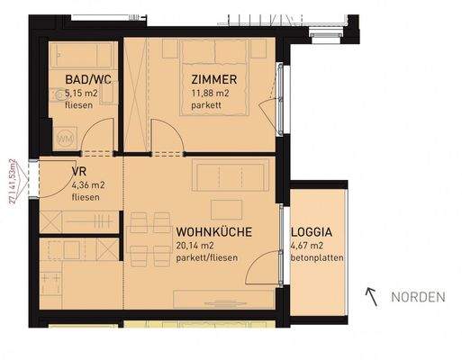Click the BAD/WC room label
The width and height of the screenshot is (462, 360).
coord(87,78)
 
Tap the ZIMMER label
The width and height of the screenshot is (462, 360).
coord(214,78)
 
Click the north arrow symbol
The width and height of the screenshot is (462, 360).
coord(369,294)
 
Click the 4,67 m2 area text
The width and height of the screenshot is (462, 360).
coord(307,246)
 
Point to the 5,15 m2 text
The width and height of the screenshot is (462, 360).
coord(81,92)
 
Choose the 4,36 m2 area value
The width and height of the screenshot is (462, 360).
coord(86,187)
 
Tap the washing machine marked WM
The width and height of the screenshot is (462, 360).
coord(65,139)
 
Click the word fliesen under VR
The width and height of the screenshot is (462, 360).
coord(85,199)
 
